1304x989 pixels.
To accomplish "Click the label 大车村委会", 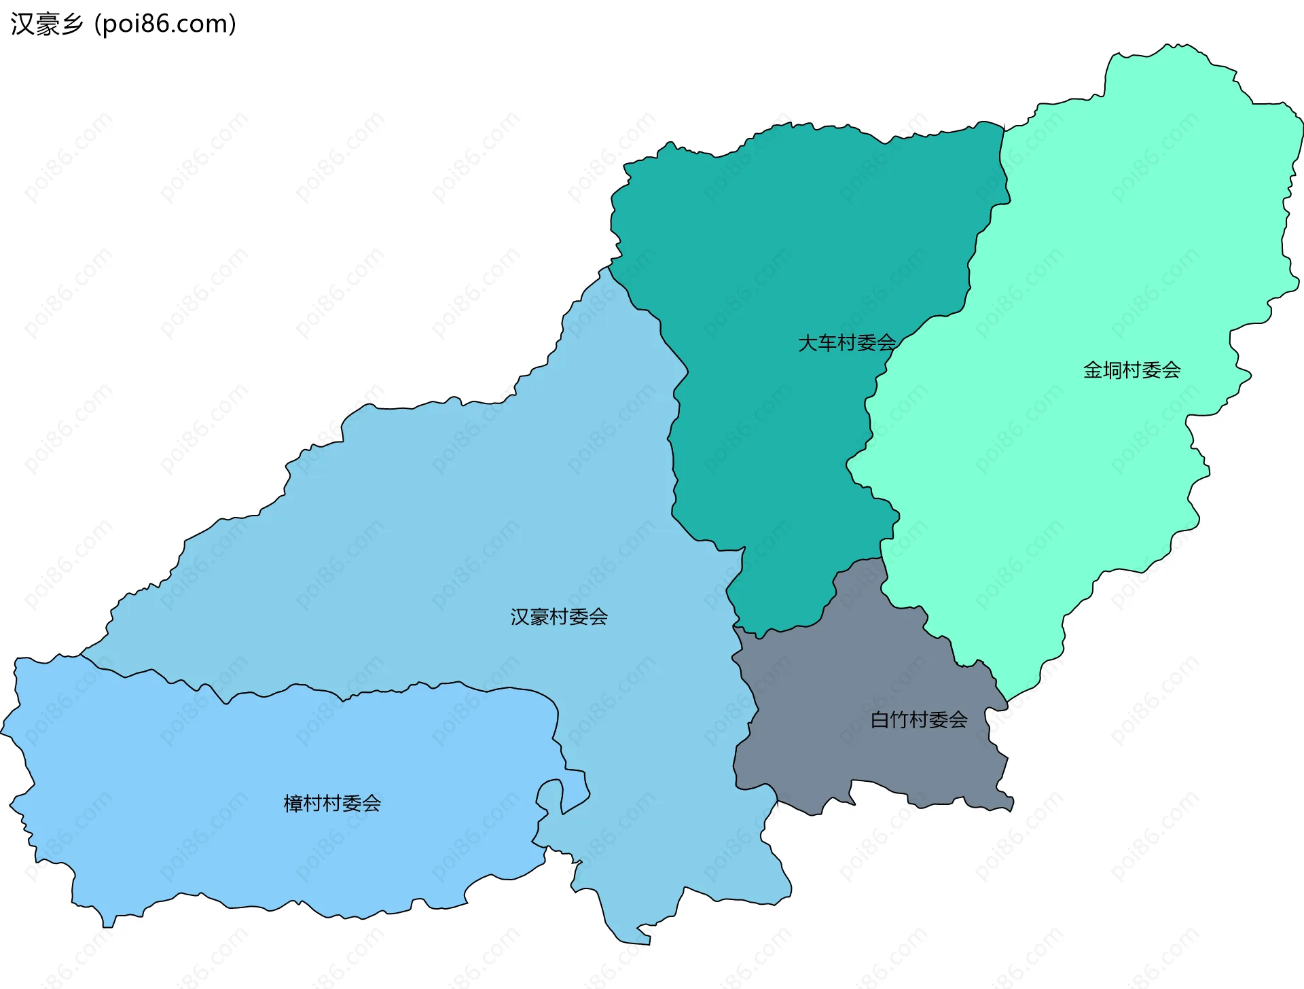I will [846, 343].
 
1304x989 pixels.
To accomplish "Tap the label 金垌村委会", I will [1131, 370].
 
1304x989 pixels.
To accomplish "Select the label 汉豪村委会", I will [559, 617].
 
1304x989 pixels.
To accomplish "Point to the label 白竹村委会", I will [919, 720].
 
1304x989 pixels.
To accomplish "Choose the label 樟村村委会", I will [332, 804].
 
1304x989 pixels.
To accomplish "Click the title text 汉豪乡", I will [47, 24].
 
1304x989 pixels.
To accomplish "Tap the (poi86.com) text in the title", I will [165, 24].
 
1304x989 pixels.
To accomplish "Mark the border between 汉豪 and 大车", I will [672, 442].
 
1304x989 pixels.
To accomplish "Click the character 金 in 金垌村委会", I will [1093, 370].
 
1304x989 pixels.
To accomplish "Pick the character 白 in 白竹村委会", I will [880, 720].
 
